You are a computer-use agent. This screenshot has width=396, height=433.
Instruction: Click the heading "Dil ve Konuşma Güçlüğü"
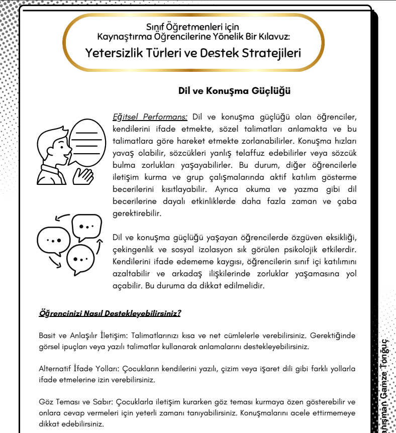[x=235, y=91]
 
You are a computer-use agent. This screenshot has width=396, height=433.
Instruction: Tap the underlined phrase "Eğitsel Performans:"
[x=150, y=117]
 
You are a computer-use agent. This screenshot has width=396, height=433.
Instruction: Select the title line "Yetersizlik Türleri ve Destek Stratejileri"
[x=193, y=52]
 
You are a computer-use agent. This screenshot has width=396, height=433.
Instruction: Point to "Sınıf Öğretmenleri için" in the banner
[x=193, y=27]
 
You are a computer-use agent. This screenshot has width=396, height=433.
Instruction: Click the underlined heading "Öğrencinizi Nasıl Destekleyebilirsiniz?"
[x=110, y=313]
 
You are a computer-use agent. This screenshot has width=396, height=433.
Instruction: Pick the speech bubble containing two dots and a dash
[x=86, y=228]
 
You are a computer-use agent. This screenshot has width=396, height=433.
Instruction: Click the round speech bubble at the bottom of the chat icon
[x=80, y=259]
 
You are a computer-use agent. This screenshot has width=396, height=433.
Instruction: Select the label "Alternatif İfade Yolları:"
[x=74, y=369]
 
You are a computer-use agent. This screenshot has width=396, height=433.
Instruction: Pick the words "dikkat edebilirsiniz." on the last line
[x=71, y=424]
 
